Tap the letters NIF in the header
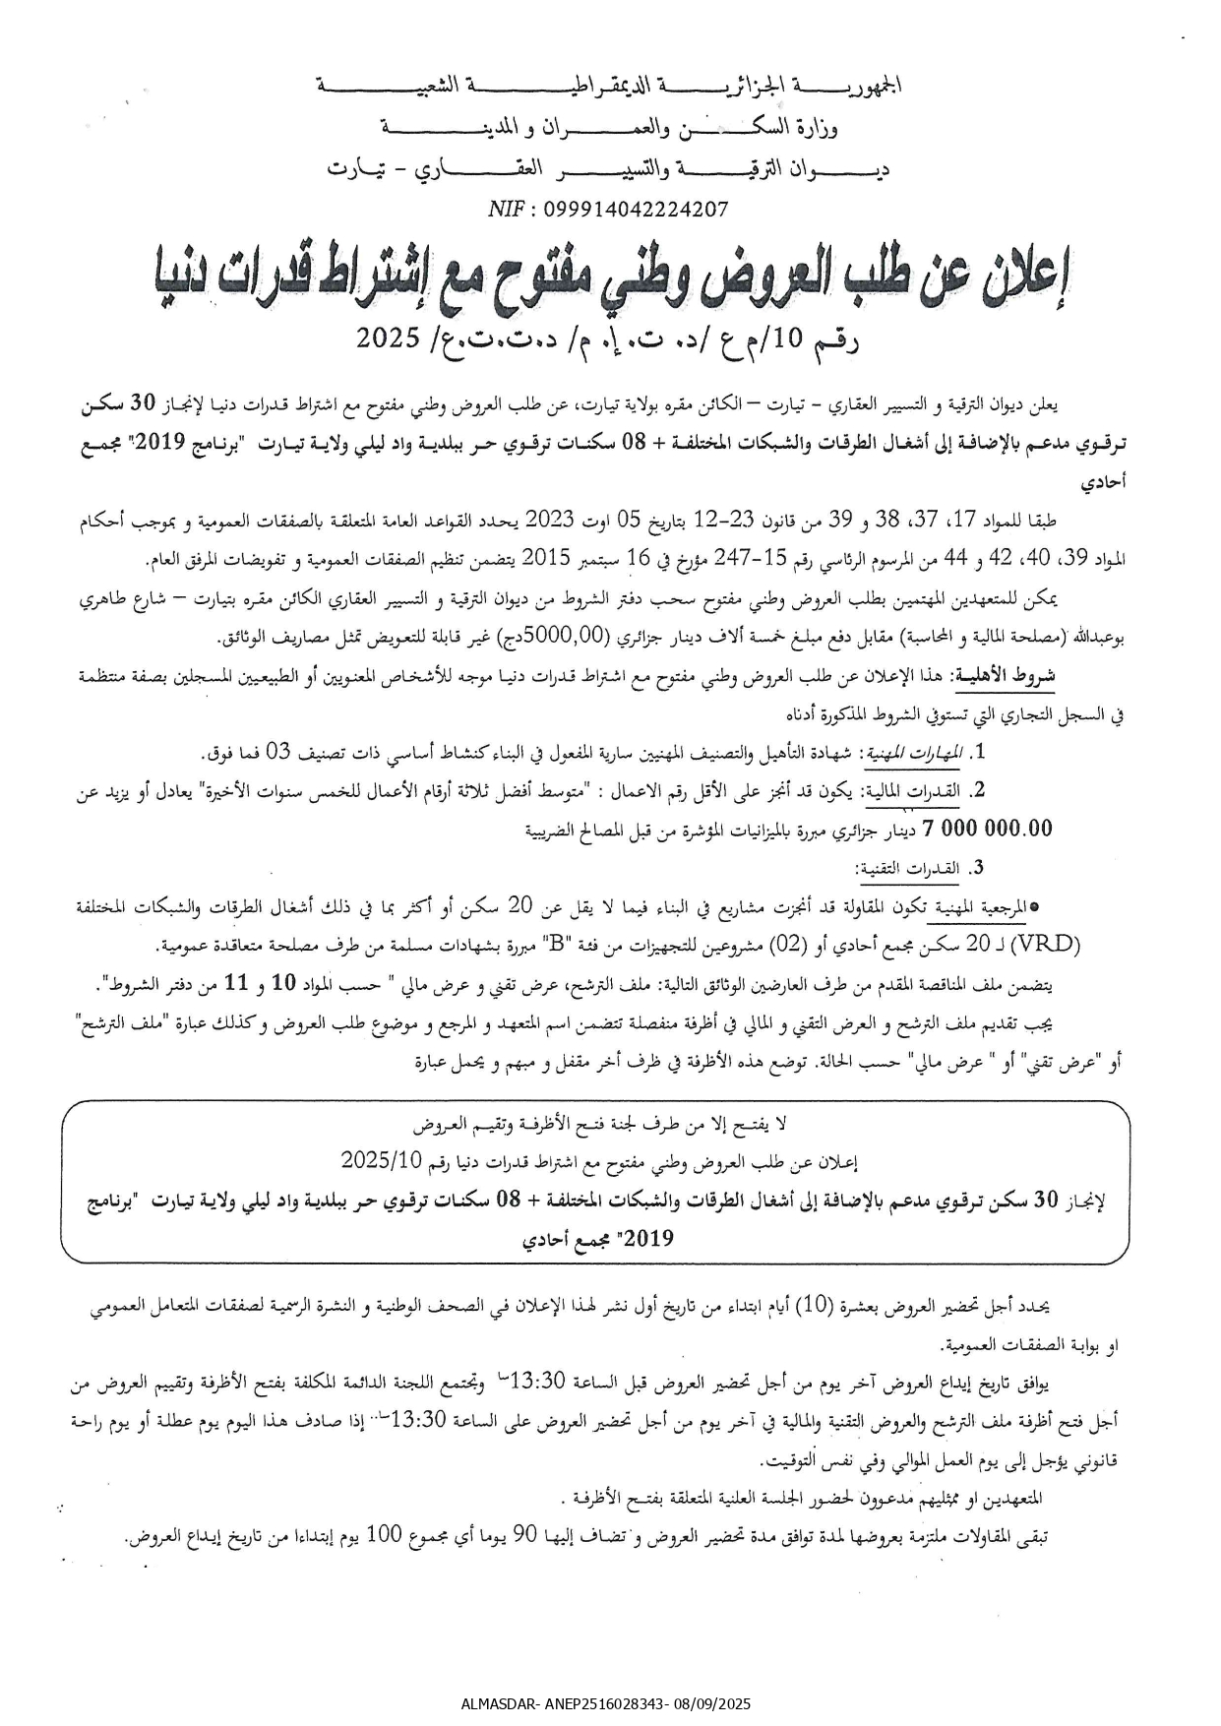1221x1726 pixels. [x=506, y=209]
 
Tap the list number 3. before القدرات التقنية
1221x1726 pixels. [x=977, y=868]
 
